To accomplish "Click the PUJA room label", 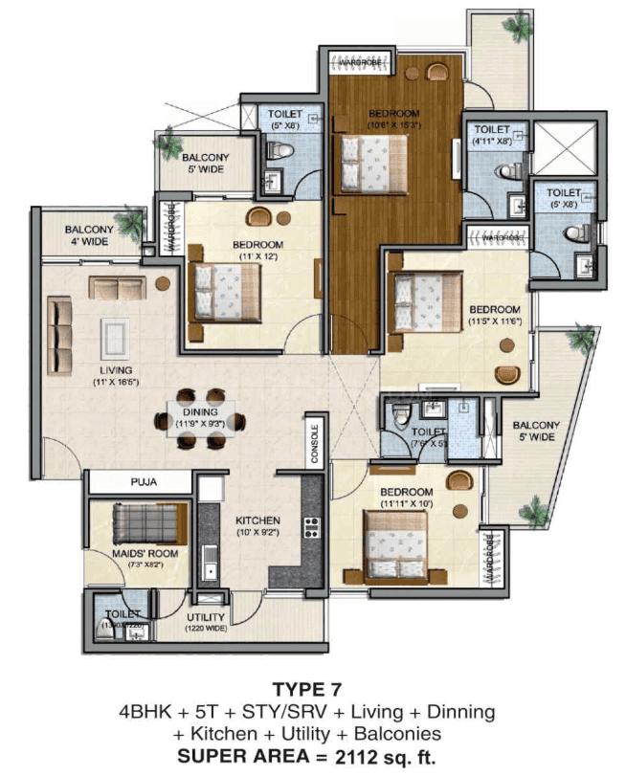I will pos(144,482).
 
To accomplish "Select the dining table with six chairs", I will pos(202,418).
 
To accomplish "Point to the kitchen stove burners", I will pos(311,527).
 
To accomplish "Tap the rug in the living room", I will pos(116,337).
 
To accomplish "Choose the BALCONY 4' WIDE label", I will pos(89,236).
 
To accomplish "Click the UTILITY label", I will pos(206,617).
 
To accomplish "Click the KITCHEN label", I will pos(258,520).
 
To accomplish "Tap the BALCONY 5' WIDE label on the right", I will pos(534,432).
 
